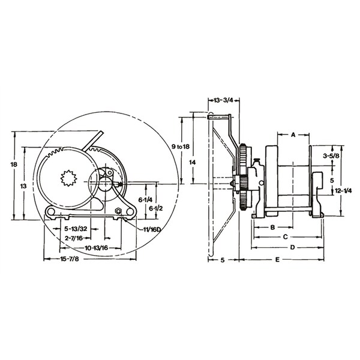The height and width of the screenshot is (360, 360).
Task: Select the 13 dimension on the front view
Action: point(23,187)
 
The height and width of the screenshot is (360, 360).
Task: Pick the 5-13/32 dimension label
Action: point(76,229)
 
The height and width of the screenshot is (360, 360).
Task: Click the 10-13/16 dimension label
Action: point(96,248)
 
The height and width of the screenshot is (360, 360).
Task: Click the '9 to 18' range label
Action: point(181,146)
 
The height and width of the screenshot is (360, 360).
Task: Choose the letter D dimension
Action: point(292,247)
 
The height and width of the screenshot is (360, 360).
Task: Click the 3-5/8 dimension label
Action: point(332,155)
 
